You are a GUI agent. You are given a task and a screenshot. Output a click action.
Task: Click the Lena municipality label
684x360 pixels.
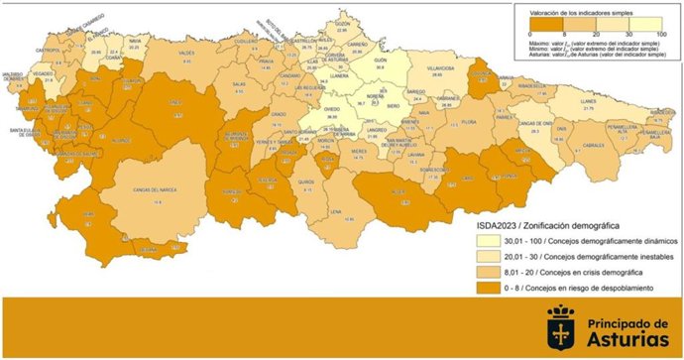[x=336, y=211]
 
